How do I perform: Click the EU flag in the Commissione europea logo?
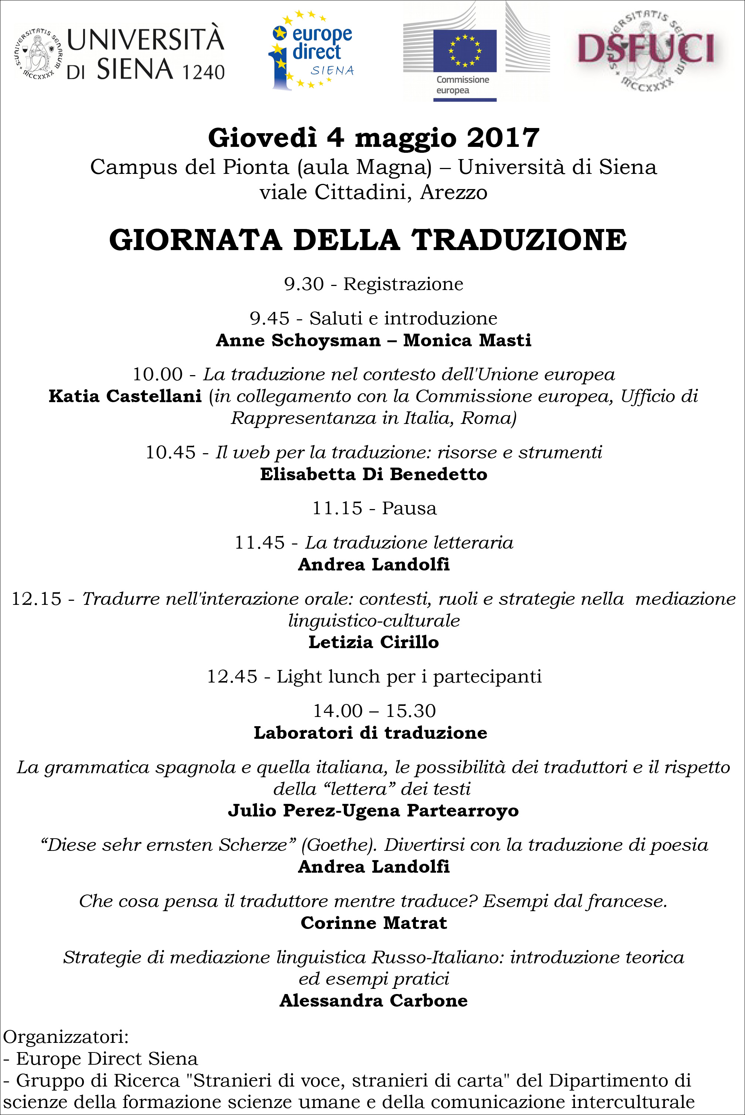465,50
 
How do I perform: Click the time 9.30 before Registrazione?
304,284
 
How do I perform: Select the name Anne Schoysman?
298,340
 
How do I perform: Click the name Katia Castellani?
125,396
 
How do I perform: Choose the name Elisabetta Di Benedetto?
373,474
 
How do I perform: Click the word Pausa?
409,509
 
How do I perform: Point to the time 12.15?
37,599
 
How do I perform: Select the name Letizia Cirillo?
373,643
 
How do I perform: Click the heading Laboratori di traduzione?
370,733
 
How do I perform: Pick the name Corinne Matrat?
373,923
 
